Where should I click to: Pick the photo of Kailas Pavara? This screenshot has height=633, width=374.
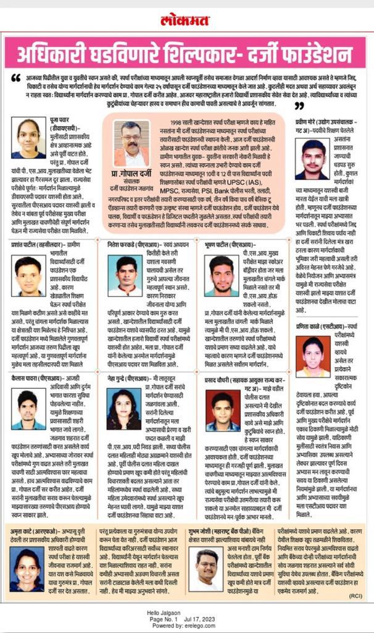[28, 410]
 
